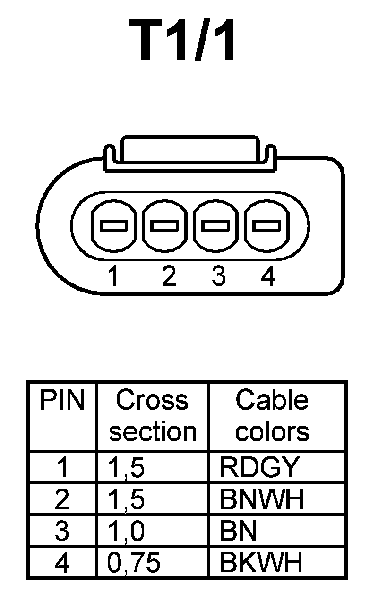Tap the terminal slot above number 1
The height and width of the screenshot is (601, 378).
(114, 226)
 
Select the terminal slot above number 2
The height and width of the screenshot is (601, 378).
(165, 226)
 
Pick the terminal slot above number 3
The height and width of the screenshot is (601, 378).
(215, 226)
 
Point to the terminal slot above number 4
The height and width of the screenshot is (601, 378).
(266, 226)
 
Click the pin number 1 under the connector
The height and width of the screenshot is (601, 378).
(113, 276)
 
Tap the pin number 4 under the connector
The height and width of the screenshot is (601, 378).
(268, 276)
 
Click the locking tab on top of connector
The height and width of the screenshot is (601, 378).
(189, 150)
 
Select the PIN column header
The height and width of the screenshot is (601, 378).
(62, 401)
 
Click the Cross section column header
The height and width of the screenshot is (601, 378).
(152, 416)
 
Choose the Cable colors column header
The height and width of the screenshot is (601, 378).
(272, 416)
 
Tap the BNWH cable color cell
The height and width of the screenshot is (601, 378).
(262, 499)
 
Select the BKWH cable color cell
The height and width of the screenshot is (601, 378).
(261, 563)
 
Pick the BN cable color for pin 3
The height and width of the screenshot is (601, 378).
(238, 532)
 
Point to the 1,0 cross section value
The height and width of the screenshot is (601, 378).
(127, 532)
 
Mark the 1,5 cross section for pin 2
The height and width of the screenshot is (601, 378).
(127, 499)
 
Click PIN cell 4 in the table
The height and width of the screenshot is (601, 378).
(62, 563)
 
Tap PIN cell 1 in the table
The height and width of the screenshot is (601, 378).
(62, 467)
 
